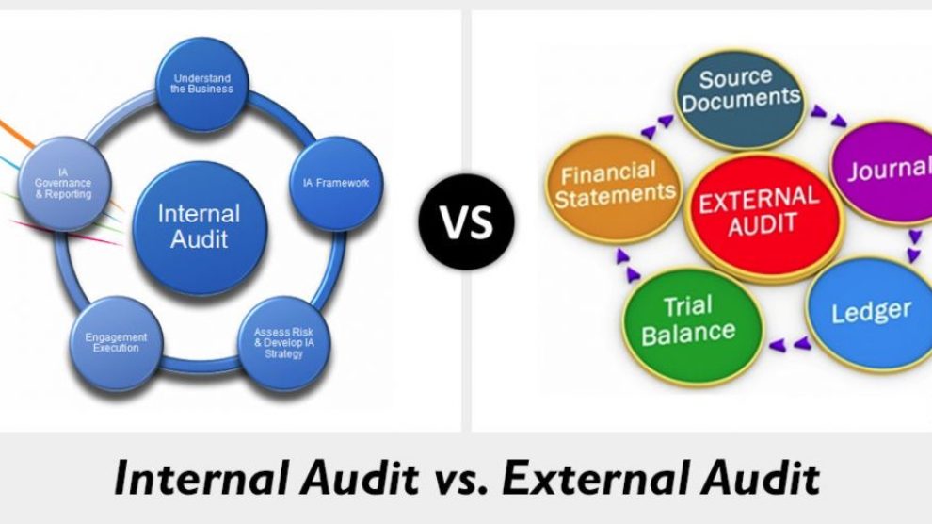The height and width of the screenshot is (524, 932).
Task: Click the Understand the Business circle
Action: [201, 83]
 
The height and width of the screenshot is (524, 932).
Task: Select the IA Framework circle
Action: [336, 183]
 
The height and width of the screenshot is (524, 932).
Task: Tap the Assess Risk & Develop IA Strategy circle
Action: [283, 343]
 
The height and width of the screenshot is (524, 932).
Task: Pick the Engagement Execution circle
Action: [116, 343]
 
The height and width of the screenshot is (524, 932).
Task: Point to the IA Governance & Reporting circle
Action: [64, 184]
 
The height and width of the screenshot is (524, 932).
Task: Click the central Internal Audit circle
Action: [200, 228]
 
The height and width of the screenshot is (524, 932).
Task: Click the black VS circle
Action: [467, 221]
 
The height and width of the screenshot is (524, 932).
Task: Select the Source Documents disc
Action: [740, 98]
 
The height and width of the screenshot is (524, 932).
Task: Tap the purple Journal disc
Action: [884, 172]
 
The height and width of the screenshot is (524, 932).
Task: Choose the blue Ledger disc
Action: [870, 314]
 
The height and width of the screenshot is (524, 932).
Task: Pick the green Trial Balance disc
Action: [693, 325]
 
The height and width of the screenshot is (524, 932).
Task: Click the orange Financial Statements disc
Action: [614, 188]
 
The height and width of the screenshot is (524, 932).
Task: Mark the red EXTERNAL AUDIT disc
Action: [763, 215]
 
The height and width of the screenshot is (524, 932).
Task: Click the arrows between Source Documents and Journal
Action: [828, 116]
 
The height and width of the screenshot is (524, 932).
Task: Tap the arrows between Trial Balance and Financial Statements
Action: [628, 265]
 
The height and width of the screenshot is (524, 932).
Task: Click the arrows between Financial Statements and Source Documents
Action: [657, 126]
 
